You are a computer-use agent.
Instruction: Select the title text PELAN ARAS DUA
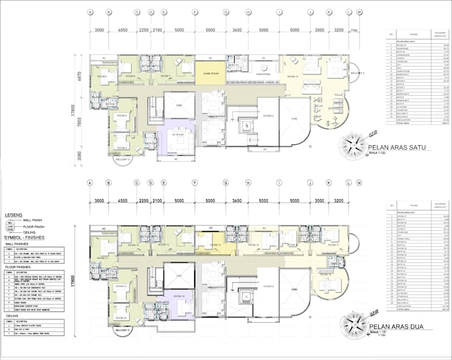pyautogui.click(x=393, y=327)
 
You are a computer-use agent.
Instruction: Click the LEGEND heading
pyautogui.click(x=14, y=216)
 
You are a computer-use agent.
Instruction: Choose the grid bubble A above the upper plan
pyautogui.click(x=90, y=12)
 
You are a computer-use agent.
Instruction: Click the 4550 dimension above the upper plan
pyautogui.click(x=122, y=31)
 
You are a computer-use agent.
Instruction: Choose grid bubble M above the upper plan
pyautogui.click(x=360, y=12)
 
